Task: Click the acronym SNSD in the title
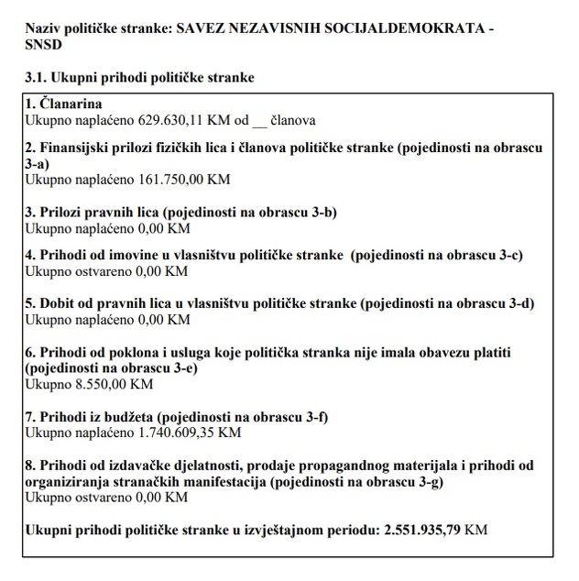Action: point(45,46)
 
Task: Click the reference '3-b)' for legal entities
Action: point(322,213)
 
